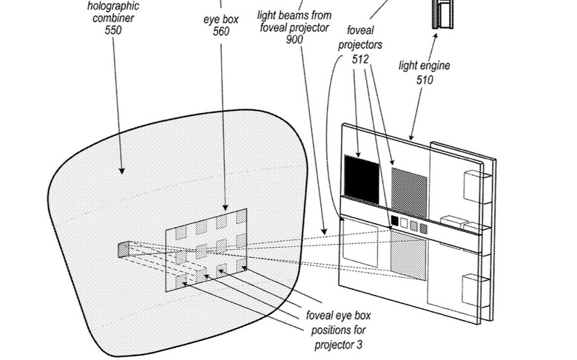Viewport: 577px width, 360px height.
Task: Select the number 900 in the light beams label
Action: tap(294, 39)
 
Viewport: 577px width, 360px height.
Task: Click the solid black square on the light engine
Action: tap(362, 179)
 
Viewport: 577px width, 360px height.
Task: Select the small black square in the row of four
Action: tap(394, 221)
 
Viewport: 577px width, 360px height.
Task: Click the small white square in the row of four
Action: tap(404, 223)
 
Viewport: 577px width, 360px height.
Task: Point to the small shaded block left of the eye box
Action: tap(123, 250)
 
